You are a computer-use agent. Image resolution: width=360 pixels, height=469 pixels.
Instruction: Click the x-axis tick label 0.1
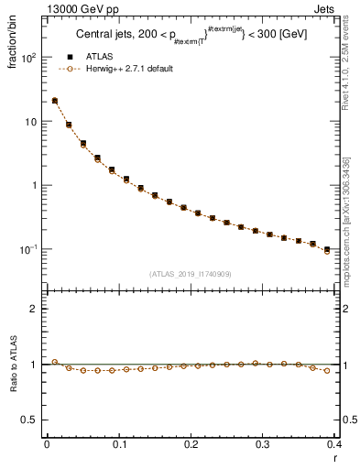(x=118, y=443)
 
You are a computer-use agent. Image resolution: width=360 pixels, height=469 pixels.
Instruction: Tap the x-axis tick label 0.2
(x=191, y=443)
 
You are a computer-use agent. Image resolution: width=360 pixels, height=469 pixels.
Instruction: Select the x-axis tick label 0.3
(x=263, y=443)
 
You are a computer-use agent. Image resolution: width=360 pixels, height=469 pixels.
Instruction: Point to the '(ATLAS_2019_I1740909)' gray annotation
(x=190, y=274)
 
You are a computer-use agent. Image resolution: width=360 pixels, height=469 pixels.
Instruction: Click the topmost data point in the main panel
(x=55, y=101)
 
